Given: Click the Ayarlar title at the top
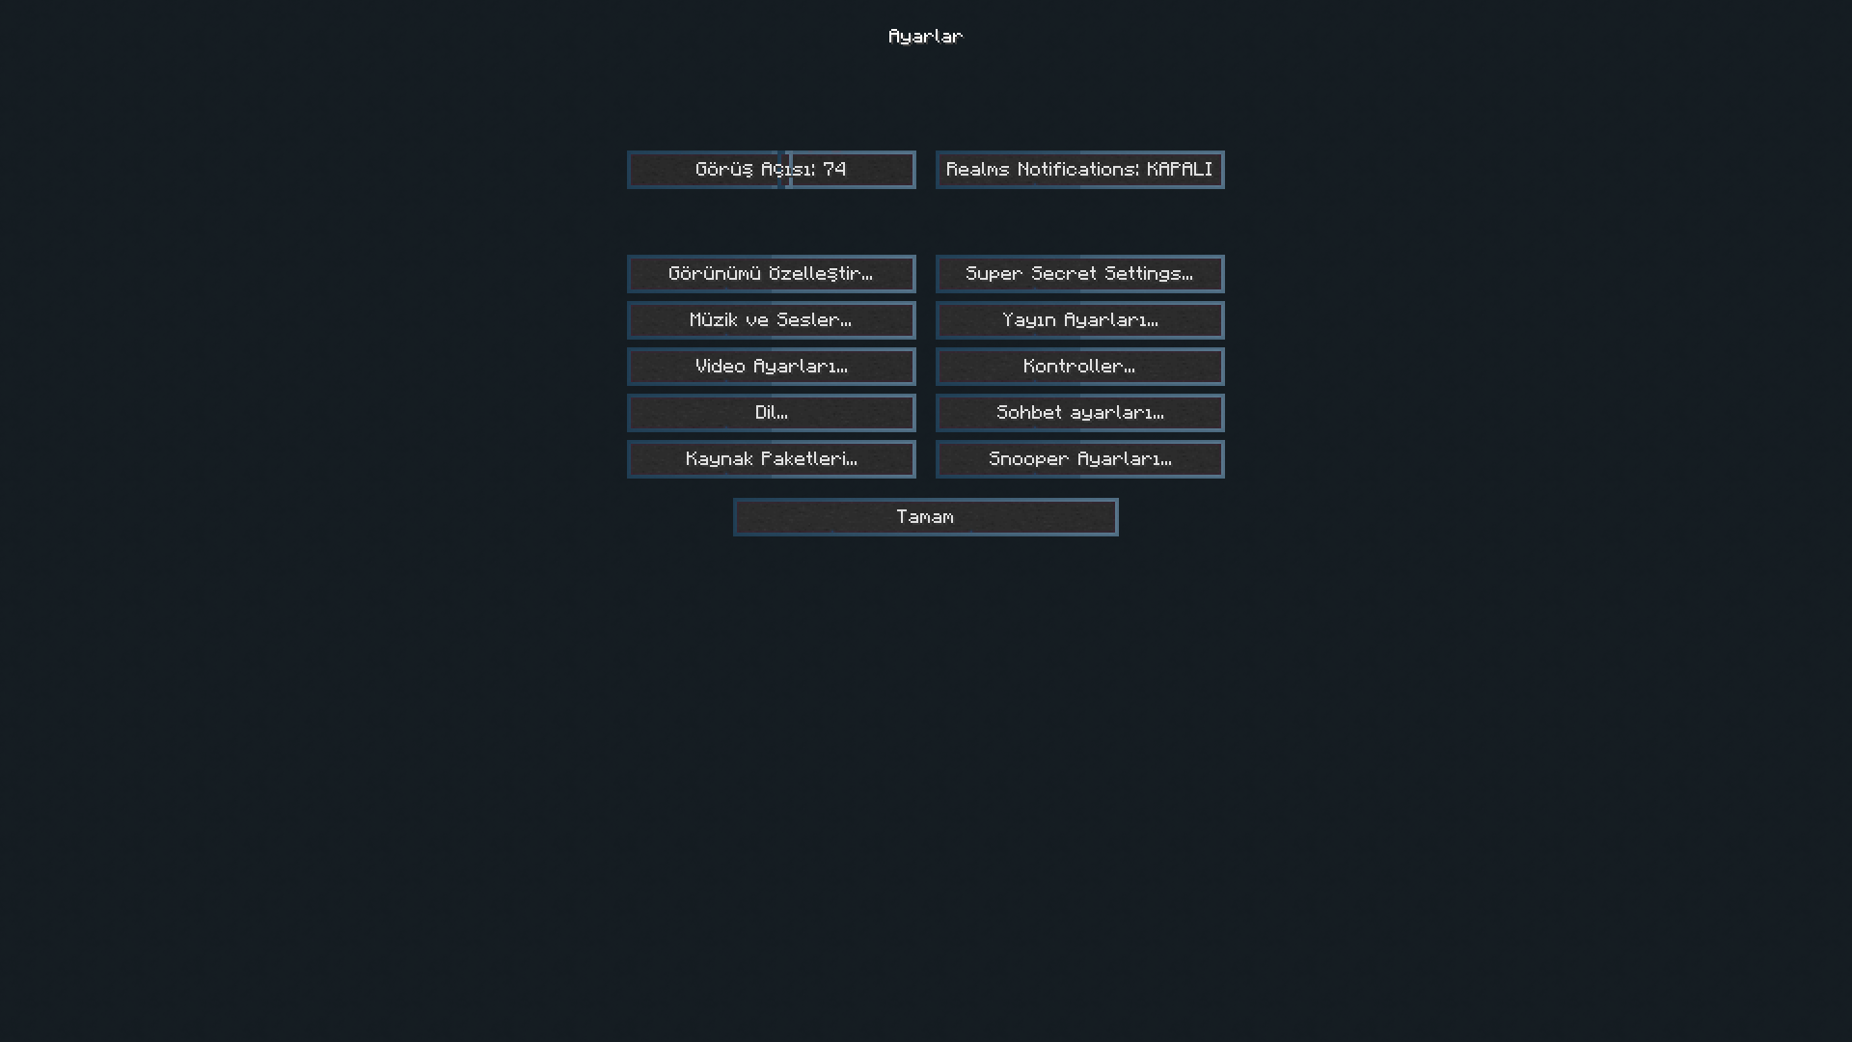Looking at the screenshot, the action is (x=925, y=37).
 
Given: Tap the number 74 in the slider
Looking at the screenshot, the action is (x=834, y=169).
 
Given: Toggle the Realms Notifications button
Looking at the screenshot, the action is (x=1079, y=170).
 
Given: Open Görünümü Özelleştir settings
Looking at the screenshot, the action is (x=771, y=274).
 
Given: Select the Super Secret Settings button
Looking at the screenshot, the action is (x=1079, y=274).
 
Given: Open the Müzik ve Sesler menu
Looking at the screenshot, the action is (x=771, y=320).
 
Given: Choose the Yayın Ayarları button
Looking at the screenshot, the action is (x=1079, y=320).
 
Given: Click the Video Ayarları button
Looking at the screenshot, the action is (x=771, y=367).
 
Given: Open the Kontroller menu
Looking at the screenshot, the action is (x=1079, y=367).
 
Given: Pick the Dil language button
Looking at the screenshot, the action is (x=771, y=413).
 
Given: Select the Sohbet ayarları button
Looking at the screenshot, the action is (x=1079, y=413).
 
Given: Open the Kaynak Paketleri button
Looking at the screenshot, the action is (x=771, y=459).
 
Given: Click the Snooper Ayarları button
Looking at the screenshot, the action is (x=1079, y=459).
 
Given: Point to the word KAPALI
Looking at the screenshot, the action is (x=1180, y=169).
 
